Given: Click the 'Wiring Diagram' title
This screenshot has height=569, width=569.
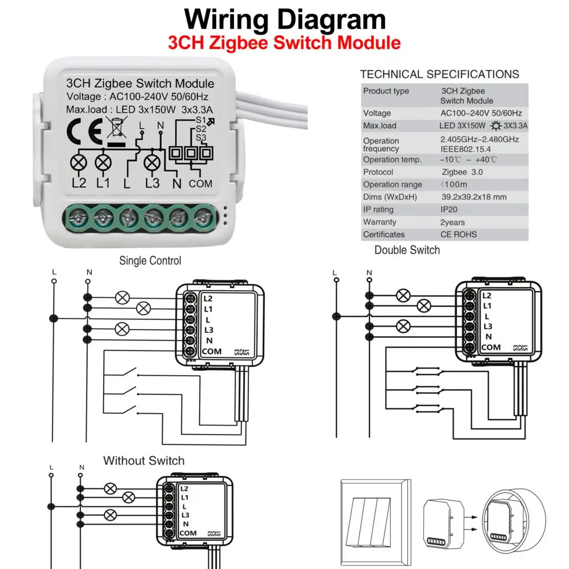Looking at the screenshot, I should (x=284, y=19).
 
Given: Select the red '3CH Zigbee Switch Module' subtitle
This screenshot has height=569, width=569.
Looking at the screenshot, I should (x=284, y=43).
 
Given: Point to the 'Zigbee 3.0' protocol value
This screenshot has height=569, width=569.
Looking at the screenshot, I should (x=455, y=172).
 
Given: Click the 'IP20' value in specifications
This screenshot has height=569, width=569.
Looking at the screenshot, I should (x=450, y=209).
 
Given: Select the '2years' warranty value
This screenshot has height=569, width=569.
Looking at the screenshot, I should (x=453, y=222).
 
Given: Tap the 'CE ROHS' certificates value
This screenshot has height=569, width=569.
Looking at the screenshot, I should (x=458, y=234).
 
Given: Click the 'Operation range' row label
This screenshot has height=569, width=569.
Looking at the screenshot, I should (x=392, y=184).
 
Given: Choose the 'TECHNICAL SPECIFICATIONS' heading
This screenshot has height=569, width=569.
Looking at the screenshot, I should (x=439, y=74).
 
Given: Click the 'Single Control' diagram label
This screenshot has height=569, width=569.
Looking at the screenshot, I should (x=150, y=261).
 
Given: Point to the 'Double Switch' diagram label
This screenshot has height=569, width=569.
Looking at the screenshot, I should (x=407, y=250).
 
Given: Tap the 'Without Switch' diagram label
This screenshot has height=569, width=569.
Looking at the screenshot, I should (x=143, y=461).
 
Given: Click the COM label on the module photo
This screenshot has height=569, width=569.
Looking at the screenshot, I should (x=200, y=183).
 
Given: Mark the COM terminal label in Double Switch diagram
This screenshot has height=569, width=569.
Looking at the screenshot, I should (x=490, y=347).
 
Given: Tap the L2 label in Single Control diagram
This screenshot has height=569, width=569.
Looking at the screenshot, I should (x=208, y=298).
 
